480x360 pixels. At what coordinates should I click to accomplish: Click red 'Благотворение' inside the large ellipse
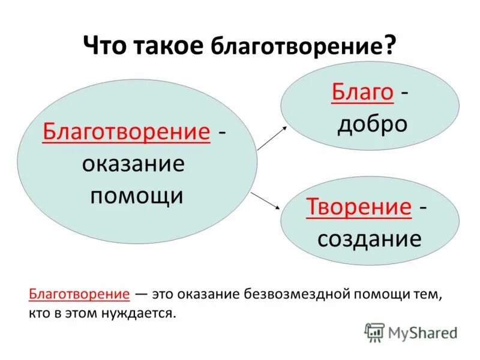point(126,131)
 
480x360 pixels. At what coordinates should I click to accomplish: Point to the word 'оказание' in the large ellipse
point(133,164)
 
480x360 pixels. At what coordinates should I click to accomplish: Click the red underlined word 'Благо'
point(362,92)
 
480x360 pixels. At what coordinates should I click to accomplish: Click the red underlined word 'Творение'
point(359,207)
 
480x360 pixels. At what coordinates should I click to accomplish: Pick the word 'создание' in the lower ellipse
point(369,239)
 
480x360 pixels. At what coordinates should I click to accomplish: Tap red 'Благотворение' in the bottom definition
point(79,294)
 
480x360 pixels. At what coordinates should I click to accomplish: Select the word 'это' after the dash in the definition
point(164,294)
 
